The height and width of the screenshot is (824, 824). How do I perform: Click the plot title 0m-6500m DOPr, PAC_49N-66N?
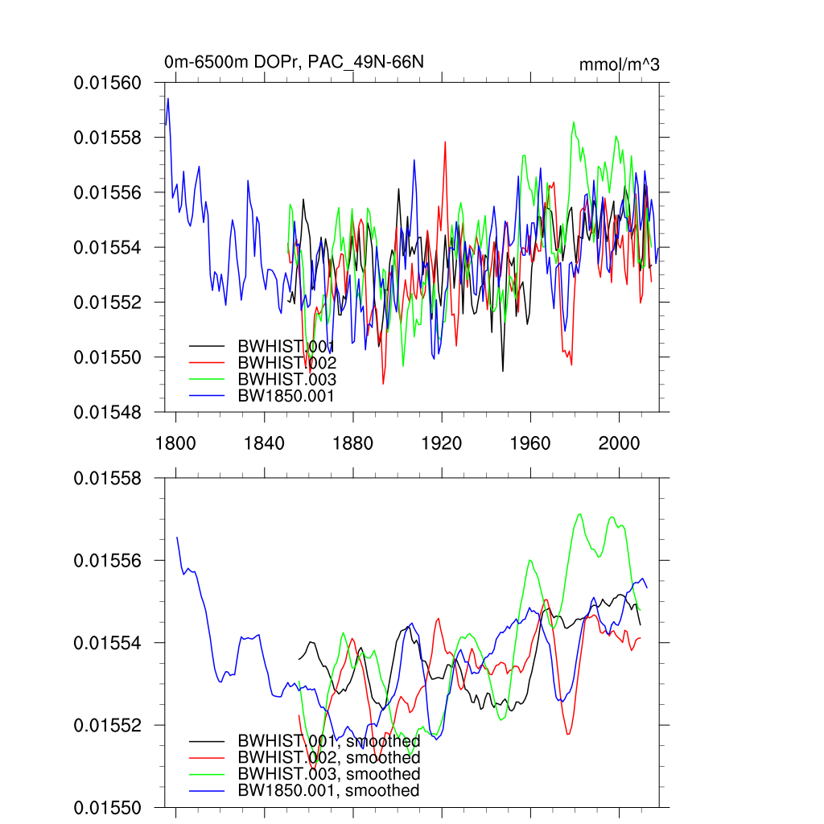(x=277, y=63)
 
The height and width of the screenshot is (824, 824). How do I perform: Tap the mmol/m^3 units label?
(x=619, y=64)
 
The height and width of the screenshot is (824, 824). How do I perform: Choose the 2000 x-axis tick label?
(x=618, y=442)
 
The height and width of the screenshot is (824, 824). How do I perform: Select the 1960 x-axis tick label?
(x=529, y=442)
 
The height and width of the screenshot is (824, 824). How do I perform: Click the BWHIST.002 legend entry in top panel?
(x=286, y=362)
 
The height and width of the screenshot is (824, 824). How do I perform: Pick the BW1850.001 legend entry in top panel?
(x=286, y=395)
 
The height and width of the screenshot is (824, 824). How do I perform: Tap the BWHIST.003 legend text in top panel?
(x=286, y=379)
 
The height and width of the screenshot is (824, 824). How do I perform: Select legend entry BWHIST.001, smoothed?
(x=328, y=740)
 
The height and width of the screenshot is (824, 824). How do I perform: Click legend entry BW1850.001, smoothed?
(x=328, y=790)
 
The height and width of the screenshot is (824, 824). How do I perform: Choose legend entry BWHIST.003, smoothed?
(x=328, y=773)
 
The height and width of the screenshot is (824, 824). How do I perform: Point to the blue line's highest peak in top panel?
(x=168, y=98)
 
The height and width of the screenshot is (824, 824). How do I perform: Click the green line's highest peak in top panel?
(x=574, y=122)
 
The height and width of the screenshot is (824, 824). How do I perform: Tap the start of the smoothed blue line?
(x=177, y=537)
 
